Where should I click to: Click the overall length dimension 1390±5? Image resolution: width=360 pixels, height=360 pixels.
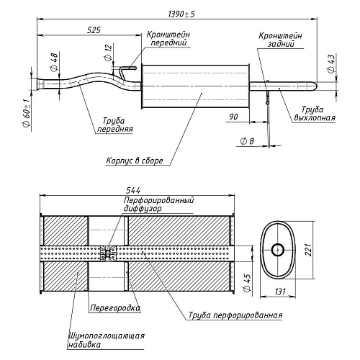coord(181,14)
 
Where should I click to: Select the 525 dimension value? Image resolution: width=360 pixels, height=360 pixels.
coord(94,30)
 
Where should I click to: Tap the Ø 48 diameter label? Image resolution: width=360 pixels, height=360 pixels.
coord(55,62)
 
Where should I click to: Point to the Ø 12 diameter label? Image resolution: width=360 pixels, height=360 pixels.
coord(109,52)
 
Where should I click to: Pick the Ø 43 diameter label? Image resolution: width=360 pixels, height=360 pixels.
coord(330,63)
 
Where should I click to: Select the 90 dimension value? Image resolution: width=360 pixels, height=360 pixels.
coord(233,117)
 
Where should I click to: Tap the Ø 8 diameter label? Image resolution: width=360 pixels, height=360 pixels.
coord(248,141)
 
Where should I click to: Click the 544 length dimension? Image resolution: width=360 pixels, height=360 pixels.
coord(133,191)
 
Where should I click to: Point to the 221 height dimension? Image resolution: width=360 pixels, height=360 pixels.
coord(308,250)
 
